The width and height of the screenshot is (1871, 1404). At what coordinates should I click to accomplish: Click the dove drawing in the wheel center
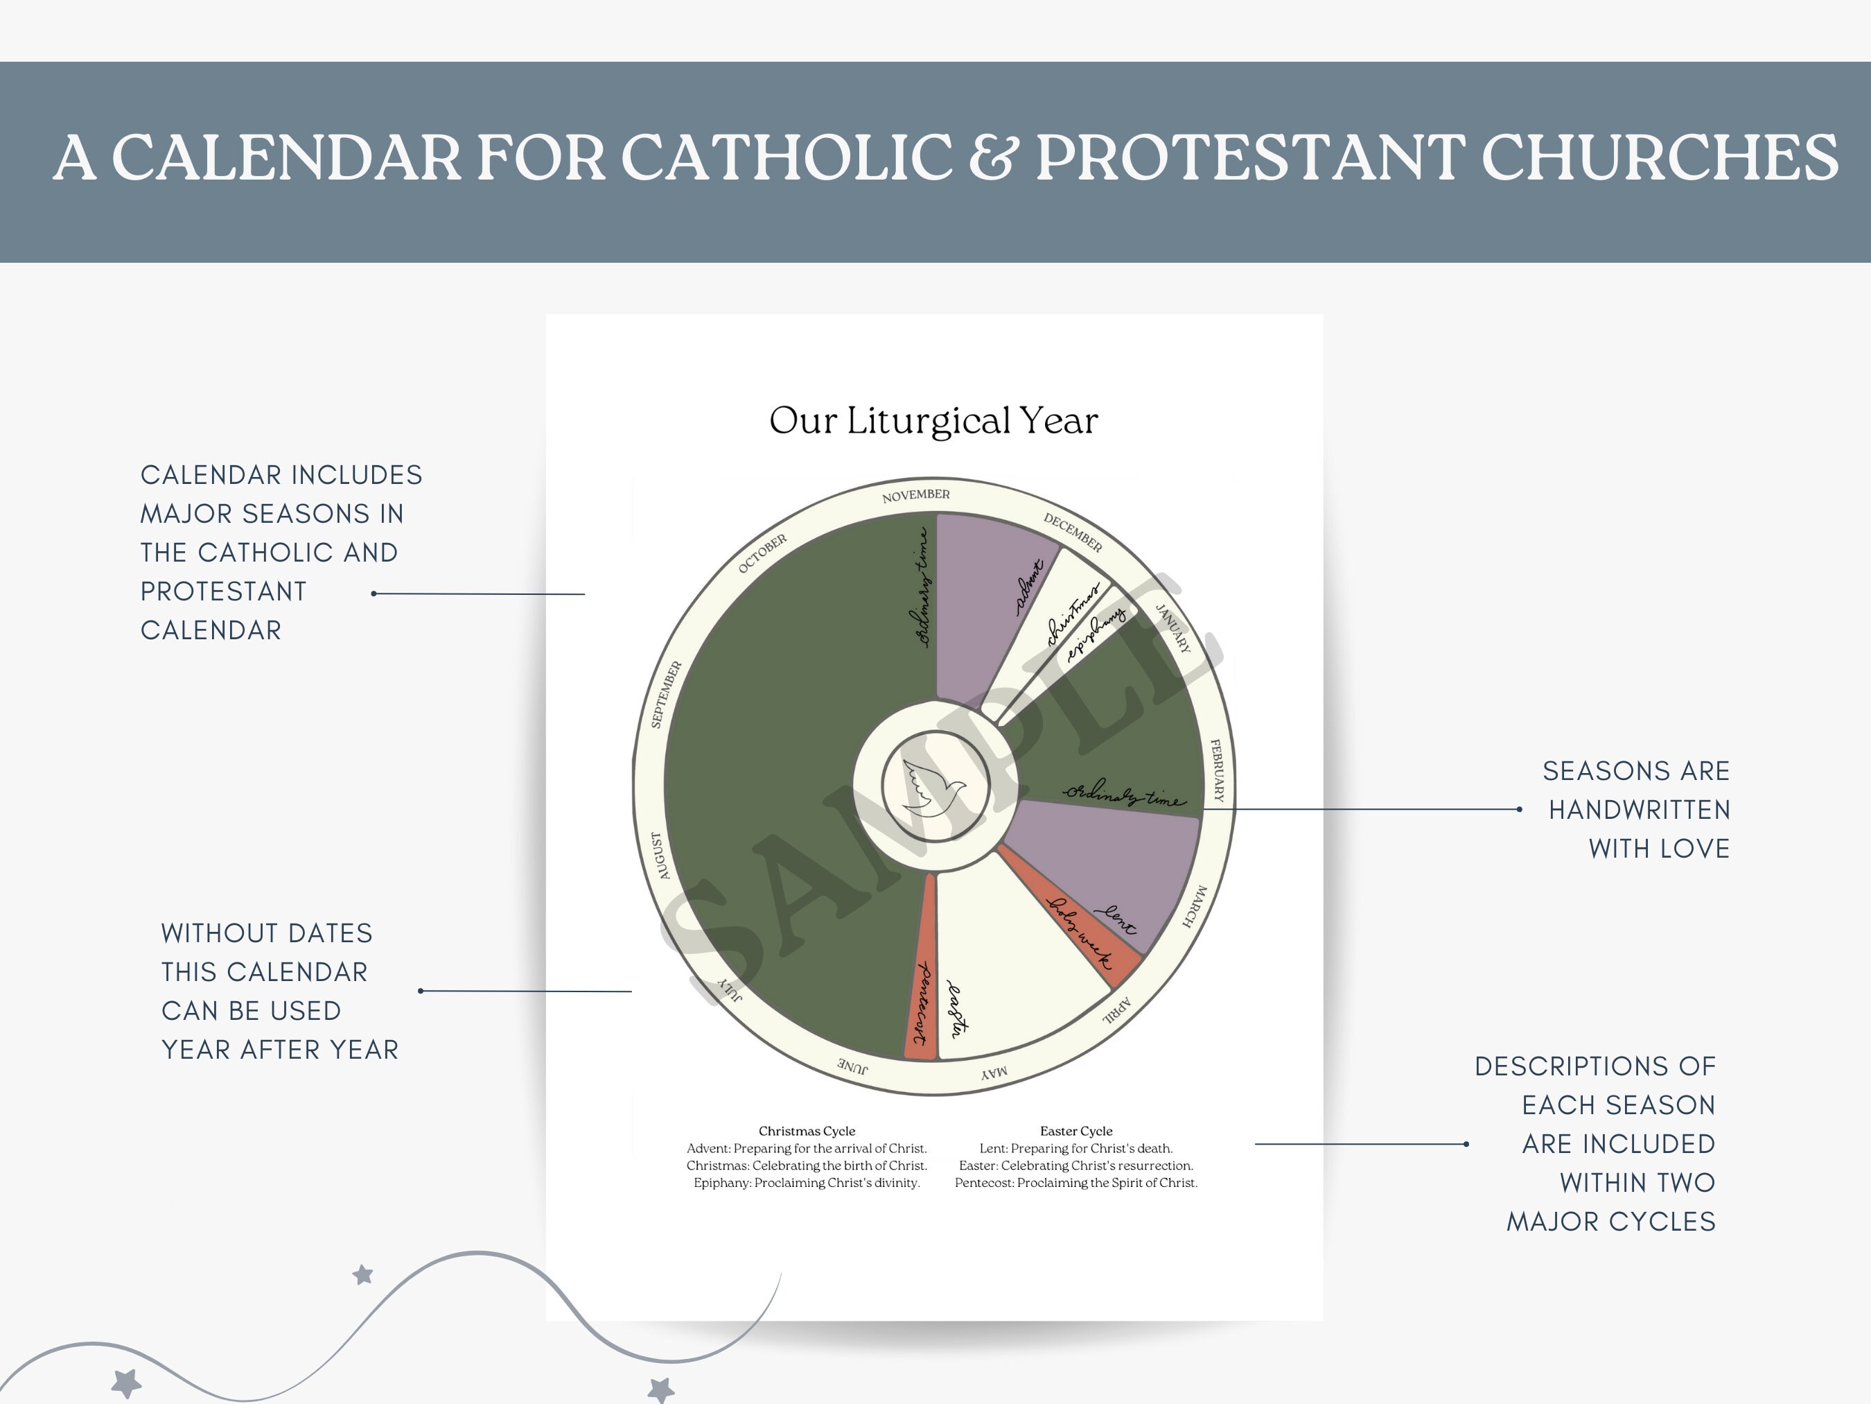pyautogui.click(x=934, y=787)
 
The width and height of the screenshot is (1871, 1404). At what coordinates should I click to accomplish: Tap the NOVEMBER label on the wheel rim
pyautogui.click(x=915, y=496)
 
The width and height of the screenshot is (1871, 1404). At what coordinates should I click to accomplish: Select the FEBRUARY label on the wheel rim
pyautogui.click(x=1217, y=770)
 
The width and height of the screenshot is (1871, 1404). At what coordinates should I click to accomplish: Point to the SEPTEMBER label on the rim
pyautogui.click(x=667, y=694)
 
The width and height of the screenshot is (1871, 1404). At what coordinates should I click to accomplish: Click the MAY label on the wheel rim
pyautogui.click(x=994, y=1073)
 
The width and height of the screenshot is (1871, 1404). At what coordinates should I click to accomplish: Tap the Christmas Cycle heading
pyautogui.click(x=806, y=1131)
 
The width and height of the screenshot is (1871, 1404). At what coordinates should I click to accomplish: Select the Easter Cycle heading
pyautogui.click(x=1076, y=1131)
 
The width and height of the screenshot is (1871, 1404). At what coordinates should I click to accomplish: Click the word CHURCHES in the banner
pyautogui.click(x=1660, y=157)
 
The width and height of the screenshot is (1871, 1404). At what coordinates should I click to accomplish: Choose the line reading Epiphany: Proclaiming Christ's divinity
pyautogui.click(x=806, y=1182)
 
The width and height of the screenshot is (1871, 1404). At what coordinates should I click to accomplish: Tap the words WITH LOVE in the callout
pyautogui.click(x=1659, y=848)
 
